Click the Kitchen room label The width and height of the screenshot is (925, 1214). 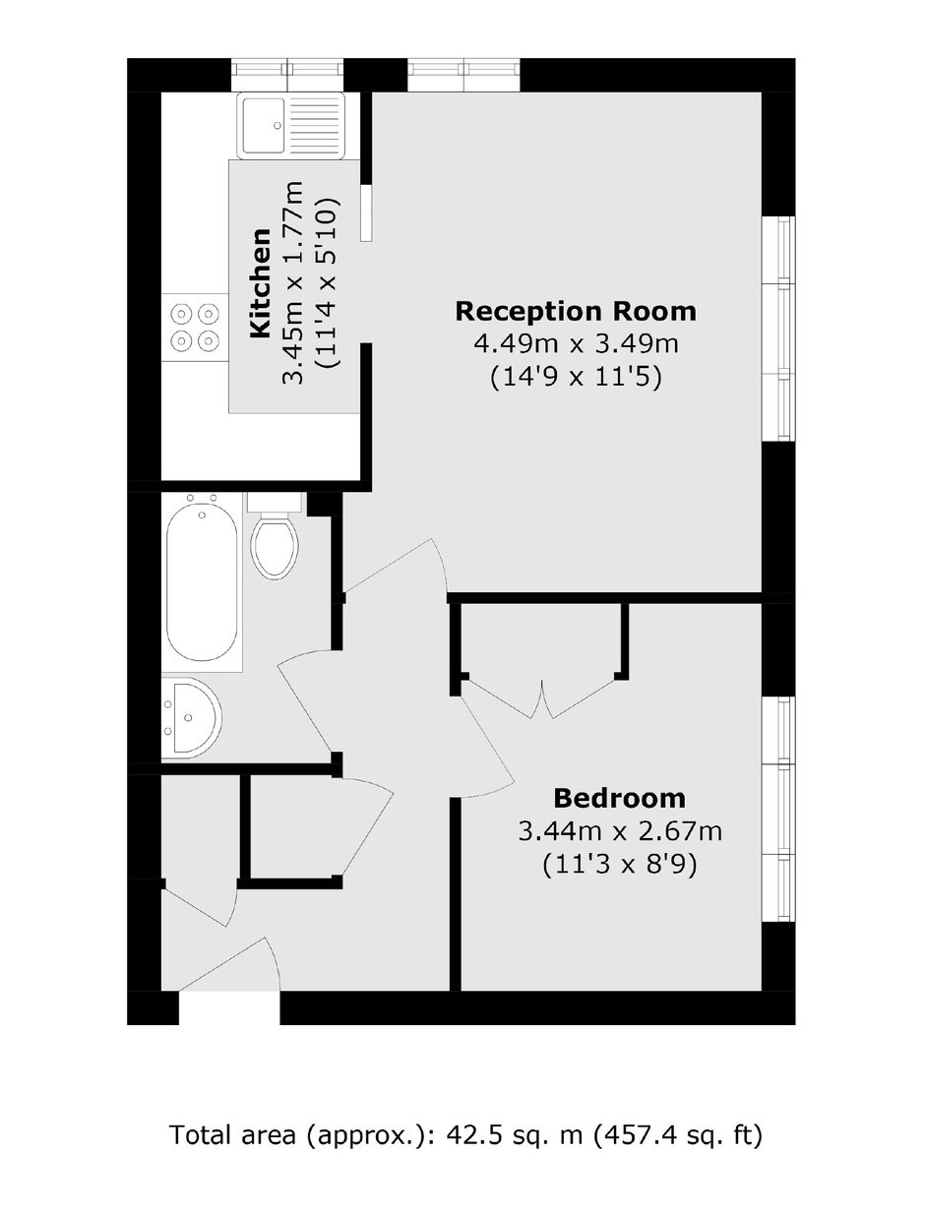(x=261, y=282)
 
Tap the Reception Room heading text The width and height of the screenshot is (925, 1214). (x=576, y=312)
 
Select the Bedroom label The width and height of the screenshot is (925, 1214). (x=620, y=799)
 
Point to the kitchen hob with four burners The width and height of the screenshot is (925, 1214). (x=195, y=328)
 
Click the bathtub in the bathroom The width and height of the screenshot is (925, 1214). (x=203, y=581)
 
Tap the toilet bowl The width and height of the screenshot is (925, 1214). (x=275, y=549)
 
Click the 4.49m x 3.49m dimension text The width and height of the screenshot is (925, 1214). (x=576, y=344)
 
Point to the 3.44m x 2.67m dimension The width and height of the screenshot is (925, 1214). (x=620, y=831)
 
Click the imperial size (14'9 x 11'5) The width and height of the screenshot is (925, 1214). (x=576, y=379)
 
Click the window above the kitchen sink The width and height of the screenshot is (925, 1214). (x=287, y=75)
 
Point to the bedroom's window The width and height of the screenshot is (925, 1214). (x=778, y=809)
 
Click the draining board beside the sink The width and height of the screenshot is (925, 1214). (x=315, y=126)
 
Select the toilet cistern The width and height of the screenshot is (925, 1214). (x=275, y=502)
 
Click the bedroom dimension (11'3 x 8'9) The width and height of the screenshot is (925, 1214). (x=620, y=865)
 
